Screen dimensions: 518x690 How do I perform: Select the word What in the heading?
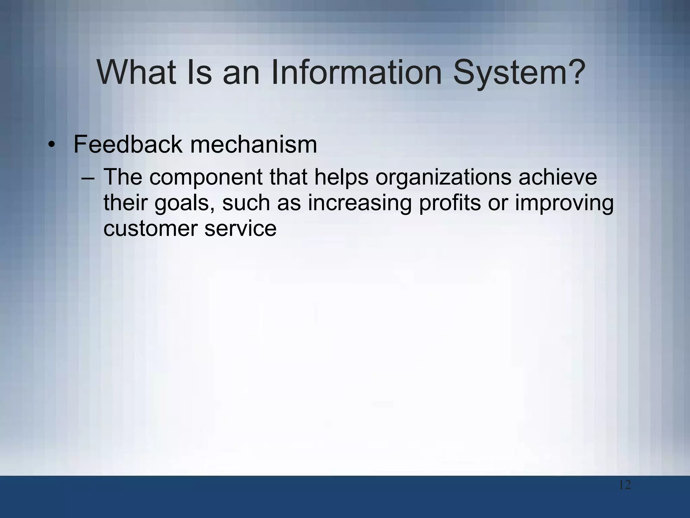(x=136, y=72)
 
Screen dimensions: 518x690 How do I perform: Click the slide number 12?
(x=625, y=485)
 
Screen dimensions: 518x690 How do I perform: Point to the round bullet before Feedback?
(x=51, y=145)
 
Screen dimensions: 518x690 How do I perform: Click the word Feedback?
(x=128, y=144)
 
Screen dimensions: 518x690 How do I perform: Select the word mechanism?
(x=253, y=144)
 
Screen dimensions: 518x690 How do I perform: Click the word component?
(x=206, y=177)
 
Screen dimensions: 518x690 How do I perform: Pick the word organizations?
(x=443, y=177)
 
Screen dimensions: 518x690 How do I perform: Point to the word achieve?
(x=558, y=177)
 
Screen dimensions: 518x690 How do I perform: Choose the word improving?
(x=564, y=203)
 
